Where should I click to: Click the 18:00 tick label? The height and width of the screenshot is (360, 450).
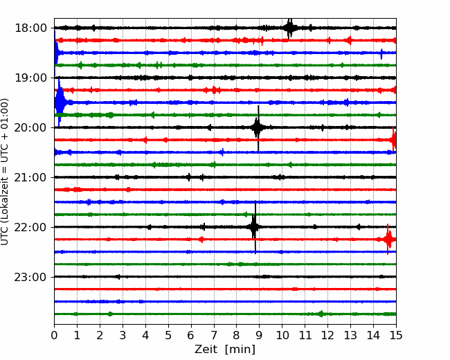30,28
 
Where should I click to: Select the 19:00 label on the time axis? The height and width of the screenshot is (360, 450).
30,78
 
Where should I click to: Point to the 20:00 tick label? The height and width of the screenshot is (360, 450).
30,127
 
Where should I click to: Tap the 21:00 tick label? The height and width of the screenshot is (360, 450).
30,177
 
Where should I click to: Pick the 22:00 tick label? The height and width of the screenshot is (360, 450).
30,227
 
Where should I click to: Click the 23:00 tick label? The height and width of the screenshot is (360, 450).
30,277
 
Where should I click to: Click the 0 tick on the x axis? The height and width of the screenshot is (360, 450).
54,335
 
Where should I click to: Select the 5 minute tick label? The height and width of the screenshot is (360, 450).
168,335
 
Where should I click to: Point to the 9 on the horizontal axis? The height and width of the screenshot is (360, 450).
260,335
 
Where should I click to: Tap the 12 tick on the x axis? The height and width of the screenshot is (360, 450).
327,335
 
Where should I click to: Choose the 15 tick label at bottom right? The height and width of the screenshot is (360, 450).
396,335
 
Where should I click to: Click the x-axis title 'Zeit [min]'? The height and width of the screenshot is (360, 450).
225,350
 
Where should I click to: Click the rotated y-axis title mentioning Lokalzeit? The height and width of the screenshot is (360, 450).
5,172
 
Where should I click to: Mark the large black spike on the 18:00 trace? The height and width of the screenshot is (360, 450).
290,28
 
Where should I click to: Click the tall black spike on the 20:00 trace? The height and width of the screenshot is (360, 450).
258,128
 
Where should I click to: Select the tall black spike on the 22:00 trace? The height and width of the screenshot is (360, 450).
255,227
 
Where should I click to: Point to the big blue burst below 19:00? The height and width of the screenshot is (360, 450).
60,102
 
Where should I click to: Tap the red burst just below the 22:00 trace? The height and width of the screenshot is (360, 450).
388,239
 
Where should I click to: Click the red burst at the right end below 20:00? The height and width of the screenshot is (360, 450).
393,140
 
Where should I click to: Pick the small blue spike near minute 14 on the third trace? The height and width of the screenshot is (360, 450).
381,54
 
